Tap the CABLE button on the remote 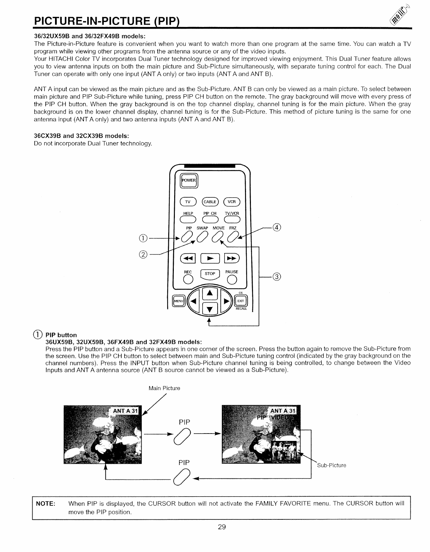210,202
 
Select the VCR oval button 232,202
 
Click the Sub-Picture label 332,465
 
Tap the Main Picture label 164,388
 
